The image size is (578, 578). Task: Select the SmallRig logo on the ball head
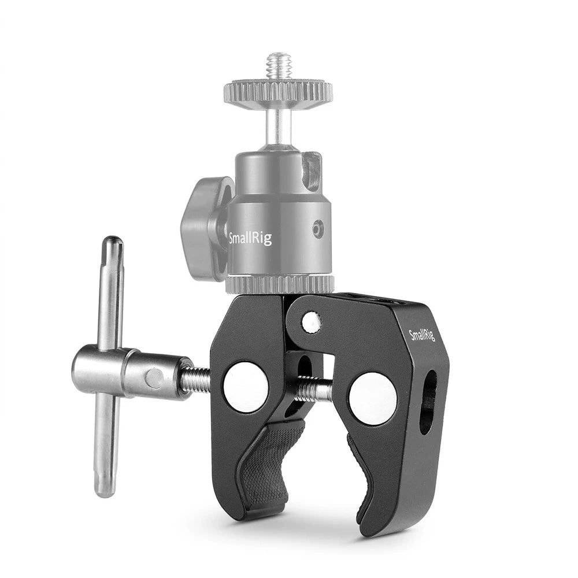[x=250, y=238]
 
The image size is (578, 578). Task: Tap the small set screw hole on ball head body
[x=316, y=231]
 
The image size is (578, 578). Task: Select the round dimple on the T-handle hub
[x=154, y=379]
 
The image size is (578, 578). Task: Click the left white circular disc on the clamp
[x=245, y=386]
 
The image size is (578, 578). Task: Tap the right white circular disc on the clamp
[x=372, y=398]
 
